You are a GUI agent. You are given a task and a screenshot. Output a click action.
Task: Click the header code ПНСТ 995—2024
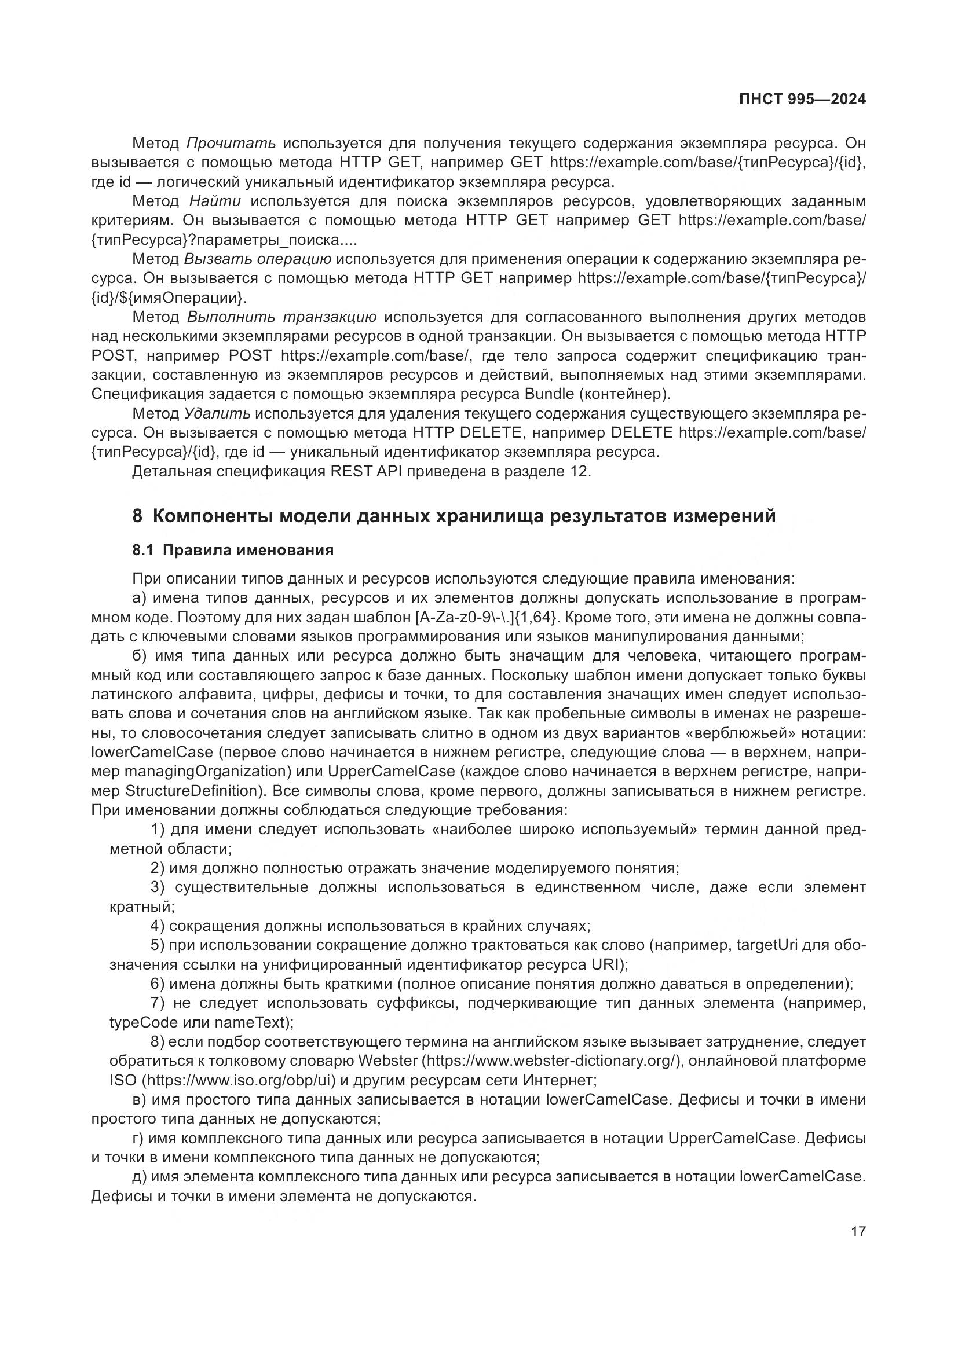pos(802,99)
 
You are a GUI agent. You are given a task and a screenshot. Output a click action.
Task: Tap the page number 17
pos(858,1232)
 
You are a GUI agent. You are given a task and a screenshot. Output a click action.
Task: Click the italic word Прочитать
pos(231,144)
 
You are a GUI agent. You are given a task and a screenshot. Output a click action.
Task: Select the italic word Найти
pos(215,201)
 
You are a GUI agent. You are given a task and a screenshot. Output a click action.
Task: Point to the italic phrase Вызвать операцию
pos(258,259)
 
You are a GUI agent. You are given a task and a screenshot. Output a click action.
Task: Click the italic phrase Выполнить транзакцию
pos(281,317)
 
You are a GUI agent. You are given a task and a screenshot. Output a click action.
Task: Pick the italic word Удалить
pos(217,413)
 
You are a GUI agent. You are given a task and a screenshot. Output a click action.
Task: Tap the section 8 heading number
pos(137,516)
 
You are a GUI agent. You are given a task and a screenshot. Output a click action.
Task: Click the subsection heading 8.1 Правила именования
pos(233,550)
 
